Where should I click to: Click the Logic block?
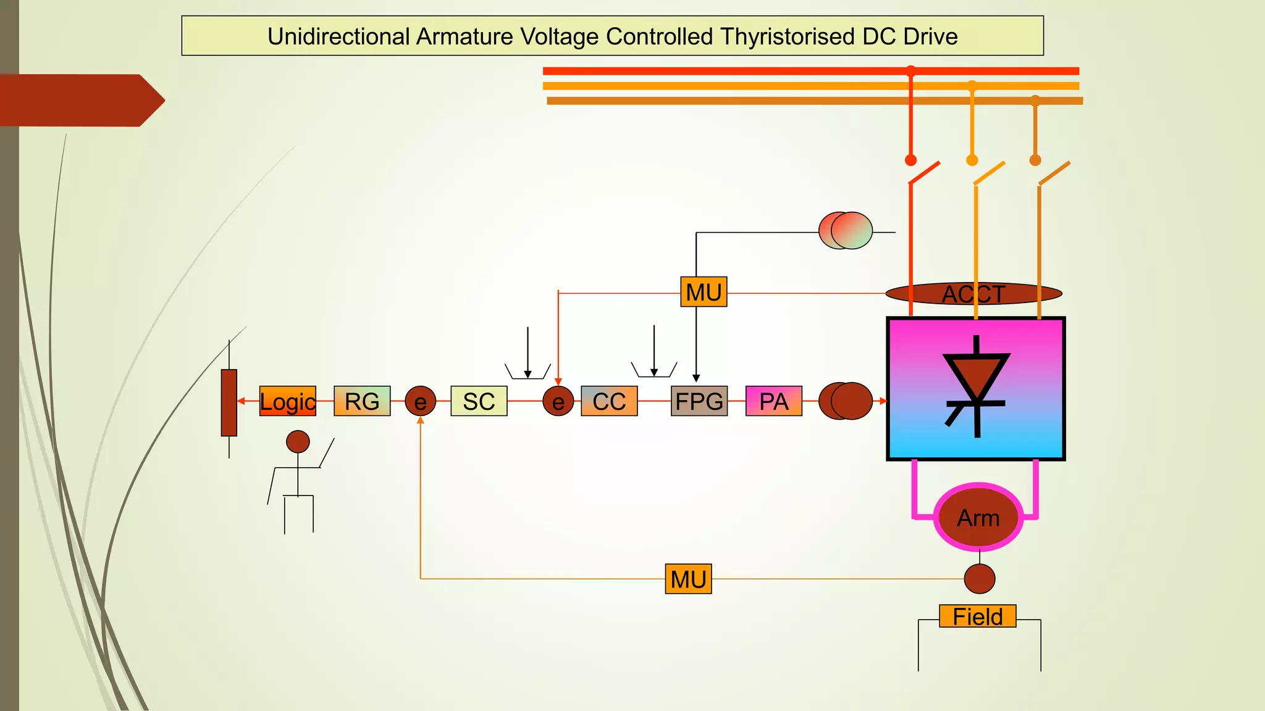287,401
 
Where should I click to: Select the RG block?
362,401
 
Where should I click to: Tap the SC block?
479,401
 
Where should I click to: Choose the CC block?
609,401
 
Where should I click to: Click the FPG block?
699,401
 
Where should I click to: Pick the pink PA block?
773,401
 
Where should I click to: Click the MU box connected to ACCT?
704,292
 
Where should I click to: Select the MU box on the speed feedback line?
688,579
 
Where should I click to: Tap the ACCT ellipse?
973,294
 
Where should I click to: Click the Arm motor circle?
978,518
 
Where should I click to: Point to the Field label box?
977,616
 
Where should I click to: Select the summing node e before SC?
421,401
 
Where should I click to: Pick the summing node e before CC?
558,401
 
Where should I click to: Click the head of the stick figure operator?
298,442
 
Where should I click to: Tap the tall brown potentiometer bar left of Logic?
229,402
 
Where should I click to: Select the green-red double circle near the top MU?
846,231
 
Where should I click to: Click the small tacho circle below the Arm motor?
979,579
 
